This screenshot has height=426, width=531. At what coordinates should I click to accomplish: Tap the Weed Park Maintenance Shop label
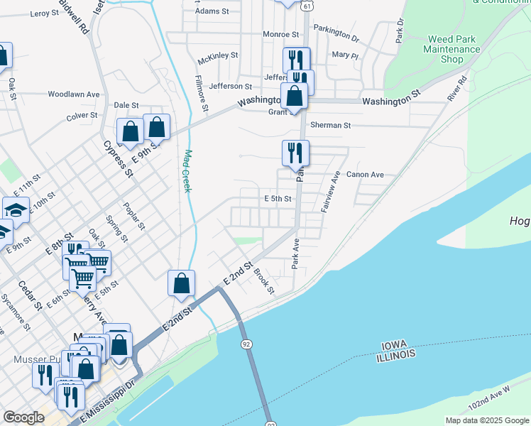point(451,50)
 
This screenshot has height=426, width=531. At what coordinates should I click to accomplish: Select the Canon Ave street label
point(365,175)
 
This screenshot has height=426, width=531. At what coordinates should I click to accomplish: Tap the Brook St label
point(264,280)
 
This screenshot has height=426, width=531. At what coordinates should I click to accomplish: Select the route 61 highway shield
point(305,5)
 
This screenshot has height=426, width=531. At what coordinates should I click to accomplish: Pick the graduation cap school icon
point(15,210)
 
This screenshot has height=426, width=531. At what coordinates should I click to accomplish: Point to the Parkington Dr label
point(336,33)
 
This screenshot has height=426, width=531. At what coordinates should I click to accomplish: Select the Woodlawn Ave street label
point(74,94)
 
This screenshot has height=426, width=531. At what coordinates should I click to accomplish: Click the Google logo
point(23,417)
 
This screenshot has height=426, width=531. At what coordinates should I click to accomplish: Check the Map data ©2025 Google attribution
point(487,420)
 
